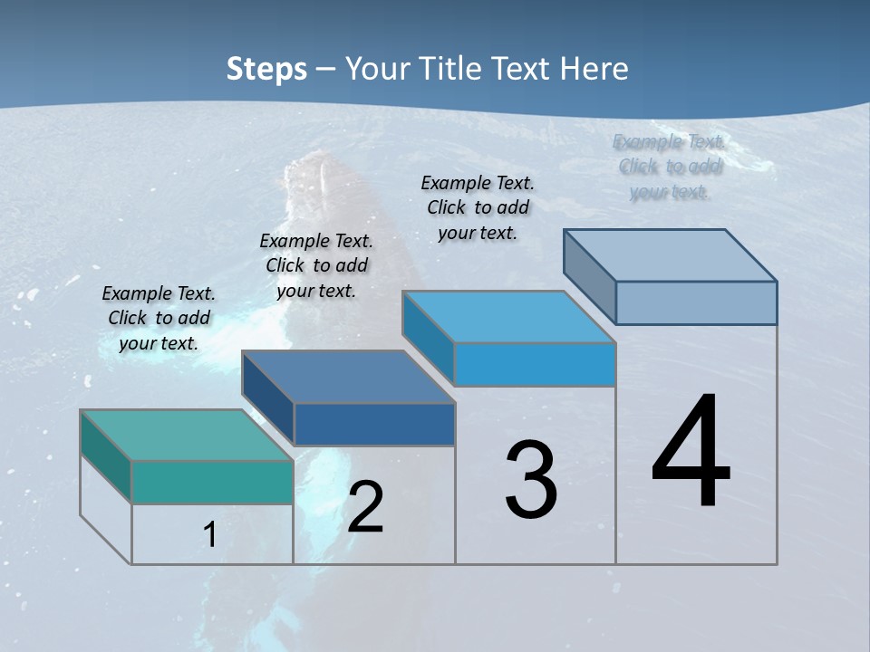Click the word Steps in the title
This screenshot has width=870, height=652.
tap(266, 69)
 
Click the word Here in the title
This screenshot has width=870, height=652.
tap(594, 69)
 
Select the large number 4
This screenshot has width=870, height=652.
tap(691, 453)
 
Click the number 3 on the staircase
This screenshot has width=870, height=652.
tap(531, 481)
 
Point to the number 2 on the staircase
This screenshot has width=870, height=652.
tap(365, 507)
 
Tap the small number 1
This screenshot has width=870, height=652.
tap(210, 534)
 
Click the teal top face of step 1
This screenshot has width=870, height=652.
tap(186, 435)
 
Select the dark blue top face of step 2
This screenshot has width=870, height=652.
tap(348, 377)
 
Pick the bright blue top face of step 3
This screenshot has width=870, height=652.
tap(508, 317)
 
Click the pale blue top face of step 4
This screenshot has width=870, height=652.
tap(670, 255)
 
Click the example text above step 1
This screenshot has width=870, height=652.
tap(159, 318)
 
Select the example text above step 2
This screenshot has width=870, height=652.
tap(316, 265)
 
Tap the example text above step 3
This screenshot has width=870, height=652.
tap(478, 207)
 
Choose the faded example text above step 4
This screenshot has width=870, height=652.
tap(670, 167)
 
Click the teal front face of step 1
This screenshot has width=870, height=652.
tap(212, 482)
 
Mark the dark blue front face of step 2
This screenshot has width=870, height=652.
tap(374, 424)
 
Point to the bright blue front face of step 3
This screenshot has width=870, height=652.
tap(535, 364)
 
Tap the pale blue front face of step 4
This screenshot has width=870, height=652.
tap(696, 302)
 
